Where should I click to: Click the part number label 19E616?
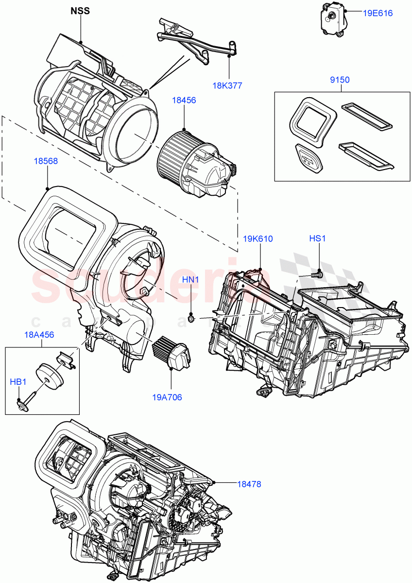click(378, 13)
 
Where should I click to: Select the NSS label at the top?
click(80, 11)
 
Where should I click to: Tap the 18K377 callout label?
click(227, 86)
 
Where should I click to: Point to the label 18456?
click(184, 100)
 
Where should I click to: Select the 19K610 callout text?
click(258, 239)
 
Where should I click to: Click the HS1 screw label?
click(318, 239)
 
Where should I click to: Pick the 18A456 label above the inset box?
click(39, 335)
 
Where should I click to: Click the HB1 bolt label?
click(18, 383)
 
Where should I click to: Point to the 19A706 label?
click(167, 397)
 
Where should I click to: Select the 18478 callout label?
click(249, 484)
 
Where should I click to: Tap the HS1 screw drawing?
click(316, 274)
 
